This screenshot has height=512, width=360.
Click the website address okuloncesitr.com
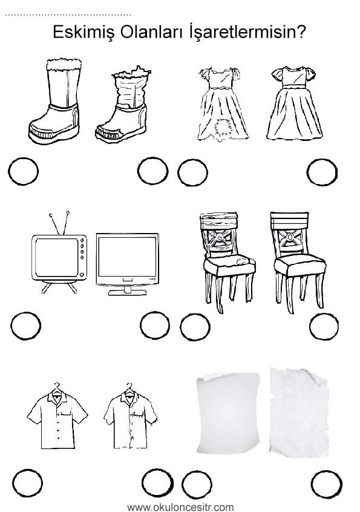coord(180,507)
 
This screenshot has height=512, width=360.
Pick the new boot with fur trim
coord(55,101)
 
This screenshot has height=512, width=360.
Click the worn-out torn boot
coord(122,105)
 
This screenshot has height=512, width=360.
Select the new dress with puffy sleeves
coord(295,103)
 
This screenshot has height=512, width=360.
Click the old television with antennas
coord(59,252)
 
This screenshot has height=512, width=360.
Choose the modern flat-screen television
coord(127,264)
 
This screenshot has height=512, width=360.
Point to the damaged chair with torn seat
coord(227,261)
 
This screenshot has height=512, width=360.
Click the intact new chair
coord(298,262)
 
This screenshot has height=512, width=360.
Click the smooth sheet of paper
coord(228,413)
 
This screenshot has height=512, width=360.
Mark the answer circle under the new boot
coord(23,171)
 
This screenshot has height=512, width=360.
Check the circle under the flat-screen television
coord(155,325)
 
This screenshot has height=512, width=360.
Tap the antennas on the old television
coord(59,223)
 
